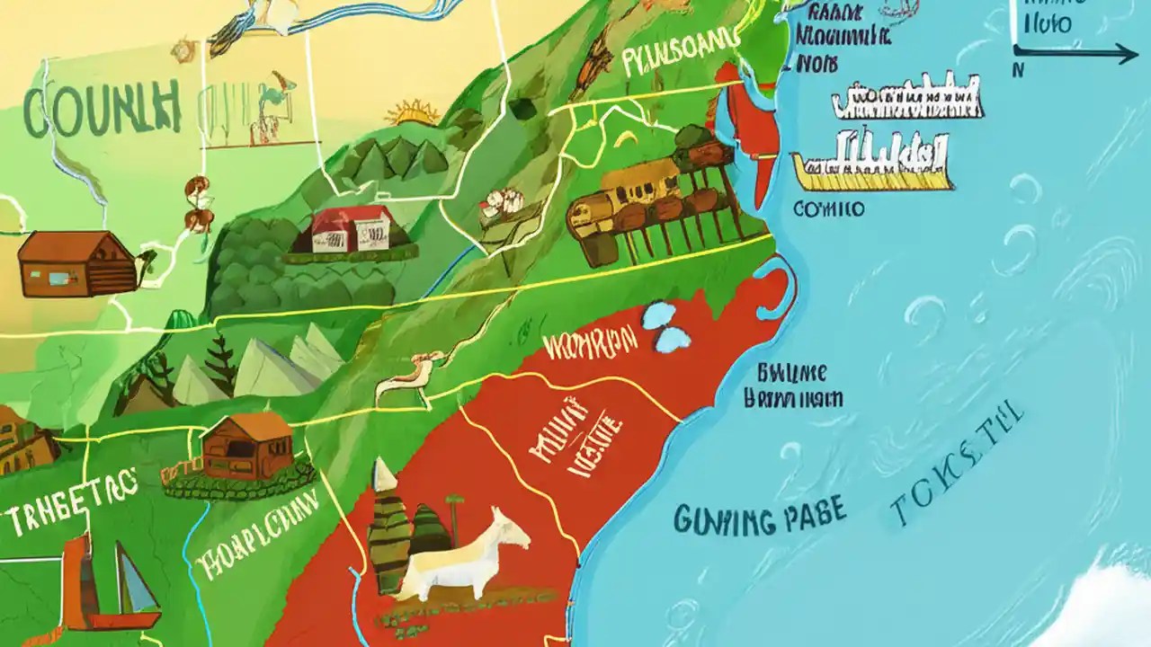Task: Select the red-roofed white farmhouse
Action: pos(352,228)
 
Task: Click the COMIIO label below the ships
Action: pos(829,208)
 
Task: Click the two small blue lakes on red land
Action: pos(666,326)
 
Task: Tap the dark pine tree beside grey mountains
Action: pos(219,363)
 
